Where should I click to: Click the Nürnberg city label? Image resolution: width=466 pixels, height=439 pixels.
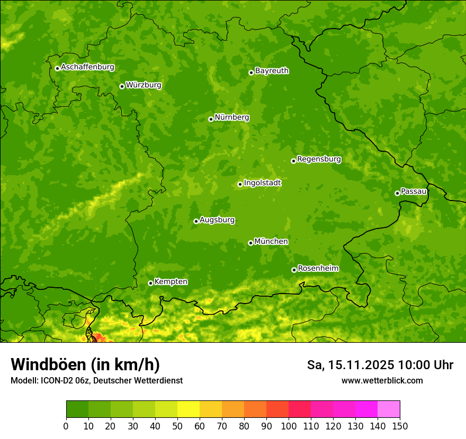[232, 117]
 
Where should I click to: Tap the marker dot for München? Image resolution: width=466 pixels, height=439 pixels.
[250, 243]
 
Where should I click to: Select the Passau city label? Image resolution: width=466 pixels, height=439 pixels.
[414, 191]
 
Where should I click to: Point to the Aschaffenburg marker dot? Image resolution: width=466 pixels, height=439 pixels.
[57, 68]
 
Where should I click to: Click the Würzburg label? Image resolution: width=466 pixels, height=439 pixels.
[144, 85]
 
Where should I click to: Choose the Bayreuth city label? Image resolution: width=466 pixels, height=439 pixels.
[272, 71]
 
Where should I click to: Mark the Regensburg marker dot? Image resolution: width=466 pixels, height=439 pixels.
[293, 161]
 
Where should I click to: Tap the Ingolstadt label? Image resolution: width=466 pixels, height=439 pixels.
[262, 183]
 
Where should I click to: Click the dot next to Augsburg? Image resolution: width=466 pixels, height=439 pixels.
[196, 221]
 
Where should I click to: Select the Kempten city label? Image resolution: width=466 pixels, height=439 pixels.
[171, 281]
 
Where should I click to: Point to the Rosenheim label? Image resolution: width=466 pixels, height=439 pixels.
[318, 268]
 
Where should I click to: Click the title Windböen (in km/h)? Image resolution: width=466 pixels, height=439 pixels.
[85, 364]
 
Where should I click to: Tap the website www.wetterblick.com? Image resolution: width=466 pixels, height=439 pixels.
[382, 380]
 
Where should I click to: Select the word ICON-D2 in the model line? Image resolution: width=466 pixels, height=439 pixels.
[56, 380]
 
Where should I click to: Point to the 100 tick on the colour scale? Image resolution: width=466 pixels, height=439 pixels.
[289, 426]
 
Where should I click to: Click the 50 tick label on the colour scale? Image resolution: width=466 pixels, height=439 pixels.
[177, 426]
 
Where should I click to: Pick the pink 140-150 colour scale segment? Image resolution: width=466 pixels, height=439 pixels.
[389, 409]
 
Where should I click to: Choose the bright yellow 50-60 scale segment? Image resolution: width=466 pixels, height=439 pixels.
[189, 409]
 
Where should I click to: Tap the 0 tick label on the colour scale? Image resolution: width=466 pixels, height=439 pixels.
[66, 426]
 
